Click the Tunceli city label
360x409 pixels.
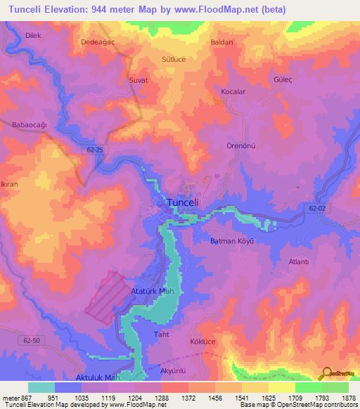pyautogui.click(x=184, y=202)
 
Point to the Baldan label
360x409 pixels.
pyautogui.click(x=221, y=42)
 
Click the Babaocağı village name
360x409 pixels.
pyautogui.click(x=29, y=124)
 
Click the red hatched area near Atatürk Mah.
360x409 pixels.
pyautogui.click(x=109, y=297)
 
